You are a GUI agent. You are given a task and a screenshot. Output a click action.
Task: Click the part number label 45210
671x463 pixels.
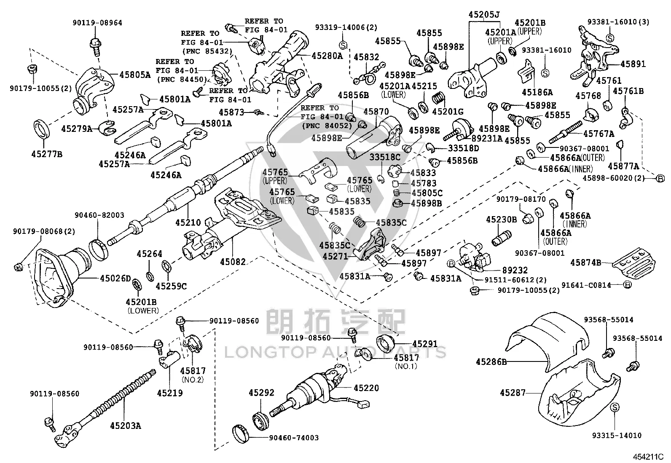coord(188,222)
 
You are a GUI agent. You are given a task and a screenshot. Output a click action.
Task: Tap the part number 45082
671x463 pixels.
coord(233,262)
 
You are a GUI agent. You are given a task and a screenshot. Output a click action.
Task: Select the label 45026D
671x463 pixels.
coord(115,278)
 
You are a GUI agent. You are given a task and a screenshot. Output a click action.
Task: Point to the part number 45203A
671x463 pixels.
coord(126,426)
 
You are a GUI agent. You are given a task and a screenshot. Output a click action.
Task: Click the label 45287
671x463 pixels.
coord(513,392)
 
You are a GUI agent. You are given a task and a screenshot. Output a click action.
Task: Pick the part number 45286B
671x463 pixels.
coord(491,362)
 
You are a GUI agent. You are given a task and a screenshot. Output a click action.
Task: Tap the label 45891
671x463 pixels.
coord(633,64)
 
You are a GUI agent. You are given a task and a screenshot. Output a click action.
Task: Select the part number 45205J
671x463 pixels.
coord(484,14)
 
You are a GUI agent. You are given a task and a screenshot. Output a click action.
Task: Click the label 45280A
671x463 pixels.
coord(327,56)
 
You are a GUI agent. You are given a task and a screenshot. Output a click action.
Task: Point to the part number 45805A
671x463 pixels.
coord(135,75)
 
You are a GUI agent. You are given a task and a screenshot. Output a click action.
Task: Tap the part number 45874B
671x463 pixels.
coord(585,262)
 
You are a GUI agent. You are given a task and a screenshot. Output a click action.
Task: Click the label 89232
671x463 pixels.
coord(515,270)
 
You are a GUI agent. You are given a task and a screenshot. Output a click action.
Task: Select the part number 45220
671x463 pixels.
coord(366,388)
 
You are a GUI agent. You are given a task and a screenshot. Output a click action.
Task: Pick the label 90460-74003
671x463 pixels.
coord(293,438)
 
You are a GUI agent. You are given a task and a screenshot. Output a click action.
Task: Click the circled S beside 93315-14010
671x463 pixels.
coord(615,407)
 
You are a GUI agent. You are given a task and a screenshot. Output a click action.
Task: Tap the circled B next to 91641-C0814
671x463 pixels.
coord(627,285)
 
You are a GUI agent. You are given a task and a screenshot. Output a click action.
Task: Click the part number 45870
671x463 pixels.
coord(376,112)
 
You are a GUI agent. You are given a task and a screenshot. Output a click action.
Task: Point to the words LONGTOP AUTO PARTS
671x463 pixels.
coord(335,352)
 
